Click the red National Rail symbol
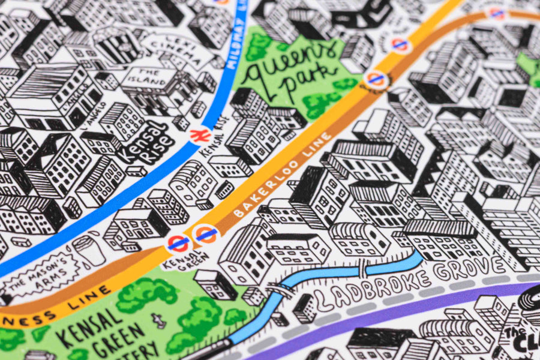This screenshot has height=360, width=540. point(196,136)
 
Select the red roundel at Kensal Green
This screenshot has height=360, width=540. point(179,243)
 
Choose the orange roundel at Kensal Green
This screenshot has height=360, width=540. point(205,235)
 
